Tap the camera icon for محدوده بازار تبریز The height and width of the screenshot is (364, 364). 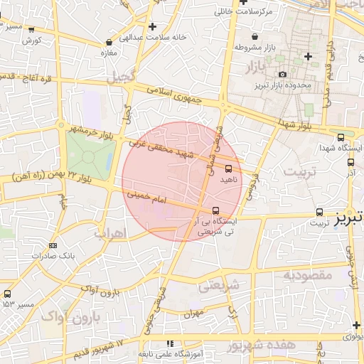point(282,75)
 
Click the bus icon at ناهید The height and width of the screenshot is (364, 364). point(228,169)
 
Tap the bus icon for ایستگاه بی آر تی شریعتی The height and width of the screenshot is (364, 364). point(216,210)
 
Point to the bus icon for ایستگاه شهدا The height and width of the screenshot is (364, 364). point(341,137)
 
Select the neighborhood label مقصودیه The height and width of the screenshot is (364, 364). point(308,274)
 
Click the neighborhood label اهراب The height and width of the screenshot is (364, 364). point(109,232)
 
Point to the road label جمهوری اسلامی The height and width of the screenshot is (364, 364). point(175,95)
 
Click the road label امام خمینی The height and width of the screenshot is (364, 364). point(146,197)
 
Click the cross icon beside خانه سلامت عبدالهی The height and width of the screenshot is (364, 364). point(152,26)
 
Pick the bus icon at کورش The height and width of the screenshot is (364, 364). point(31,29)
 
